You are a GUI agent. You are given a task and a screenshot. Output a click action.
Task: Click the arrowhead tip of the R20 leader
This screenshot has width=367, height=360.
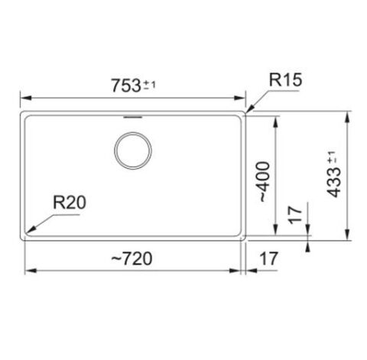tap(28, 232)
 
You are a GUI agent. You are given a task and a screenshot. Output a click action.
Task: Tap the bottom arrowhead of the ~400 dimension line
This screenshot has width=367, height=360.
tap(275, 233)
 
